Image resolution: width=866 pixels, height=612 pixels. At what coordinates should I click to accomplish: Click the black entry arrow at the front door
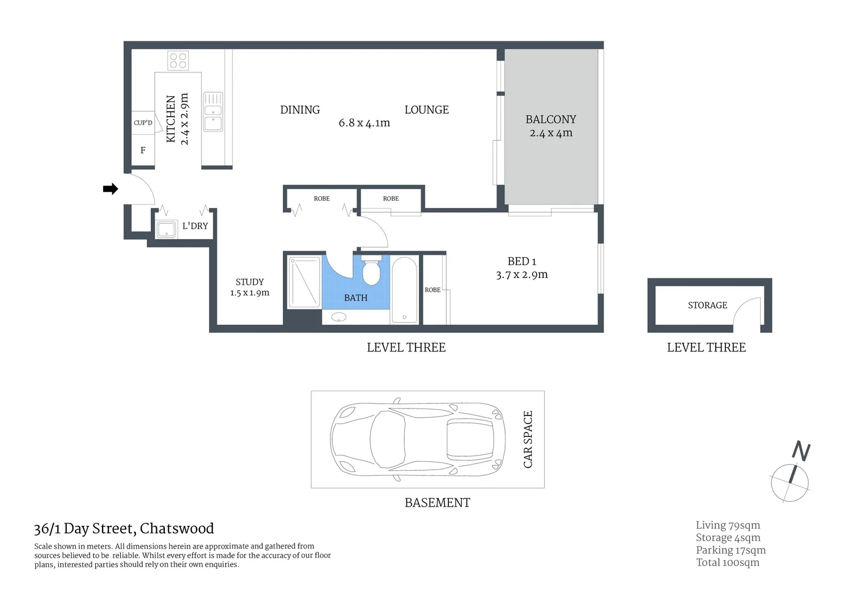click(x=110, y=189)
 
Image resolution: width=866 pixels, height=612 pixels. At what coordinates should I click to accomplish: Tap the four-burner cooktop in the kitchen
click(x=178, y=60)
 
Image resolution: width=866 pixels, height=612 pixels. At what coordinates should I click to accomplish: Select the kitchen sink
click(x=213, y=112)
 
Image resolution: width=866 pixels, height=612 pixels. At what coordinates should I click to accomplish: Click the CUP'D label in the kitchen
click(x=143, y=122)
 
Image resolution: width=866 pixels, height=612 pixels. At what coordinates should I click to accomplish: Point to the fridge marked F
click(x=143, y=150)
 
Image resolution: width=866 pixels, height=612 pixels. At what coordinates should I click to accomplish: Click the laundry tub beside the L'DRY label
click(x=167, y=229)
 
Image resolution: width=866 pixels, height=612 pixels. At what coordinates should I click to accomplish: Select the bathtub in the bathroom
click(x=404, y=290)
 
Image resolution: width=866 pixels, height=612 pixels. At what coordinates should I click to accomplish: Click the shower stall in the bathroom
click(x=304, y=282)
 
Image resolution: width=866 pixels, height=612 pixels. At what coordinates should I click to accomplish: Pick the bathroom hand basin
click(x=339, y=317)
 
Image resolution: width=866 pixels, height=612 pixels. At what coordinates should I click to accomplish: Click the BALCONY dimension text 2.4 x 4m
click(x=551, y=133)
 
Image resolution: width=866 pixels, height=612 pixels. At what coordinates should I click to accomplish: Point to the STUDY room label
click(x=249, y=282)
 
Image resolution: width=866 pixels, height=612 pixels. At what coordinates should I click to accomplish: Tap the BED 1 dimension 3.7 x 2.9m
click(x=521, y=275)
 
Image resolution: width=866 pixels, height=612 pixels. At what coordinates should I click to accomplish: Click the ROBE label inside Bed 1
click(x=432, y=290)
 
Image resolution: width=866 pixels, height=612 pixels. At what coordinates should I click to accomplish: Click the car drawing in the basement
click(x=417, y=439)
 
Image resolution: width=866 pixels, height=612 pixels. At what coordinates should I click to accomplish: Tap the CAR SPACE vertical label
click(x=528, y=439)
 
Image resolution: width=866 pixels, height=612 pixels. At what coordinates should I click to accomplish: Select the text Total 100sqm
click(x=728, y=562)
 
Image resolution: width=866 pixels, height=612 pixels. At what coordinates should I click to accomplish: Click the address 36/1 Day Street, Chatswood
click(x=124, y=529)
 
